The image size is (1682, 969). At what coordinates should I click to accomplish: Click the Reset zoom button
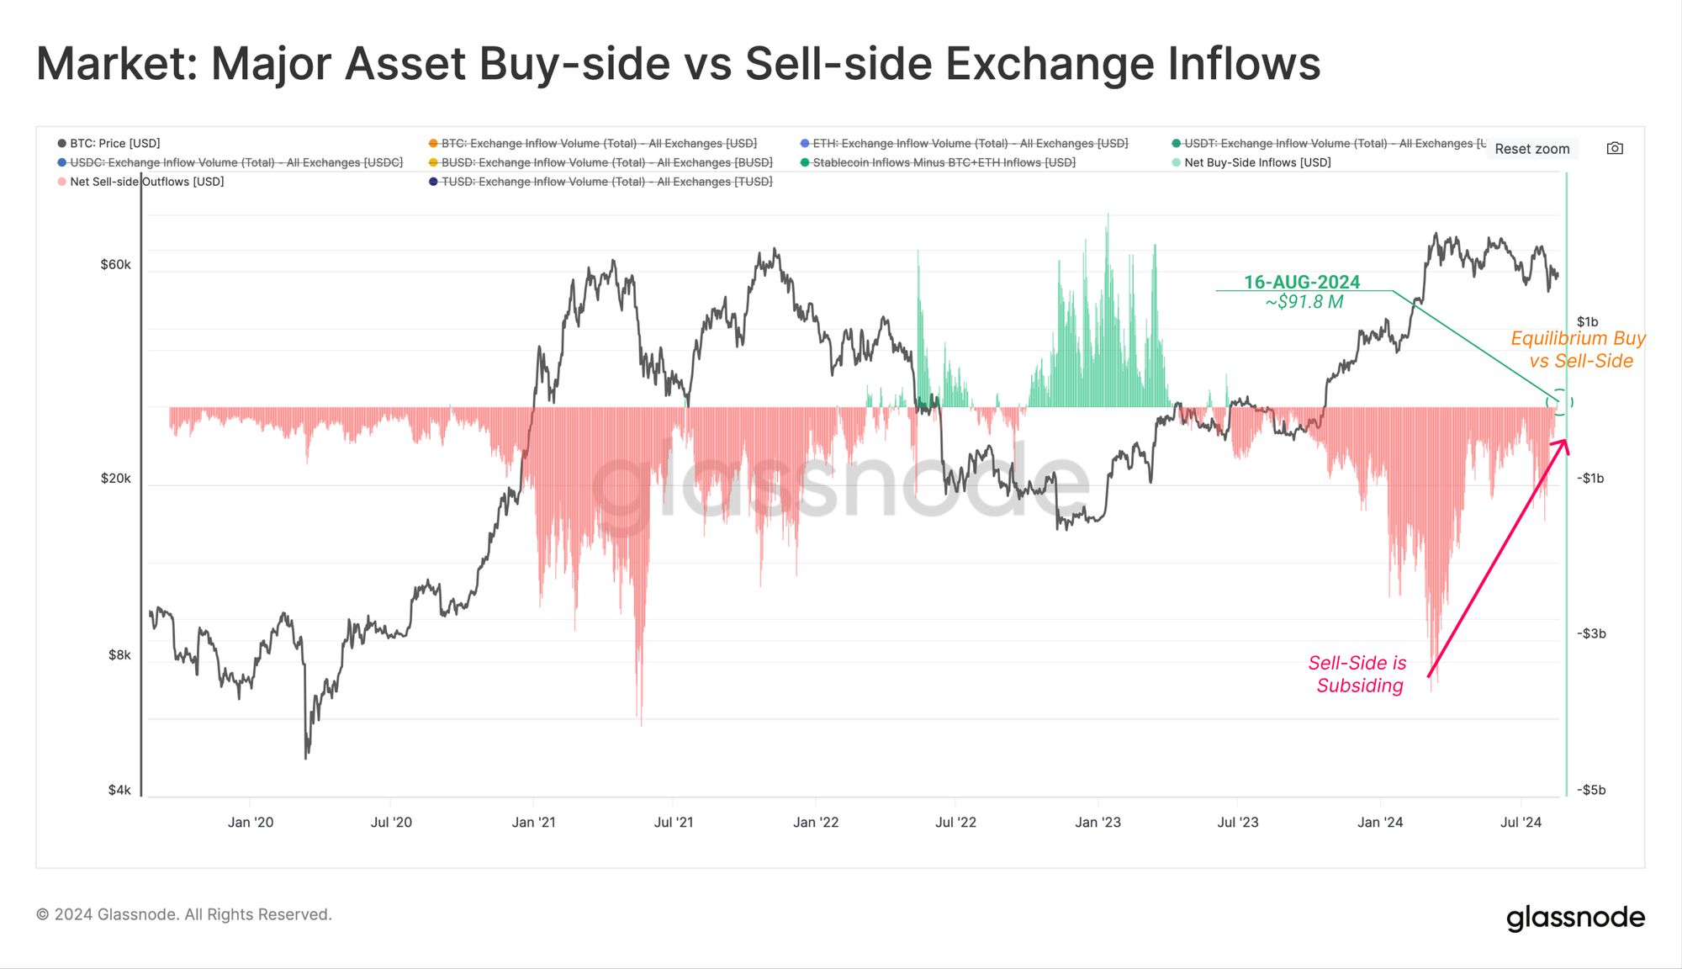pos(1531,149)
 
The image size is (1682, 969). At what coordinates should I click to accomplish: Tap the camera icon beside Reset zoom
pos(1615,149)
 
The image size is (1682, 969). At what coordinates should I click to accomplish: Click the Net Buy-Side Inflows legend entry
pos(1256,162)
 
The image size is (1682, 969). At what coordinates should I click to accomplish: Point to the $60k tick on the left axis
pos(116,265)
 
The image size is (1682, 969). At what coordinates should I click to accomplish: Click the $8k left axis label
pos(119,655)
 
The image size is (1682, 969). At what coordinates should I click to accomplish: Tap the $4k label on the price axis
pos(119,790)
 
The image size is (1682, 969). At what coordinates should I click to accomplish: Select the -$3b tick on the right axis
pos(1591,633)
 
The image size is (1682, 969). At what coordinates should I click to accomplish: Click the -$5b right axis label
pos(1591,790)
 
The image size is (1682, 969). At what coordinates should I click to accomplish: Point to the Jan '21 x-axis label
pos(533,823)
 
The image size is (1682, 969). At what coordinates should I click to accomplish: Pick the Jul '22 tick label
pos(955,823)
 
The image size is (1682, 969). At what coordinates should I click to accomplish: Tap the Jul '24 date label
pos(1521,823)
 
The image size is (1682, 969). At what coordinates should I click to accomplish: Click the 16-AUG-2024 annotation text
pos(1302,282)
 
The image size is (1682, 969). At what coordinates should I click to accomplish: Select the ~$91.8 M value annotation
pos(1304,302)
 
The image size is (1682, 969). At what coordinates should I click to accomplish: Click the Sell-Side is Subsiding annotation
pos(1358,675)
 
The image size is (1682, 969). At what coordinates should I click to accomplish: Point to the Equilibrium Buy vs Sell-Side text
pos(1579,350)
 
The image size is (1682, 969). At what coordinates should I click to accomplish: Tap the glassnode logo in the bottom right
pos(1575,918)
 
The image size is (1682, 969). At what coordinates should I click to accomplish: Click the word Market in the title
pos(116,64)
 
